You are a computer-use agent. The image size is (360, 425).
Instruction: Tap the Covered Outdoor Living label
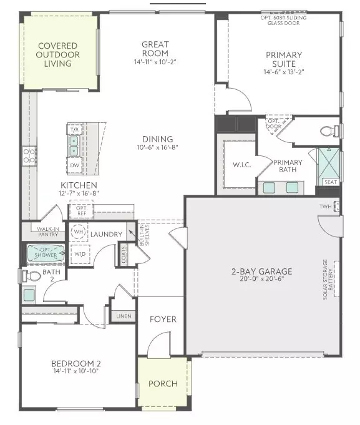[57, 55]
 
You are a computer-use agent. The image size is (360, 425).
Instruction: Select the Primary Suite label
[282, 55]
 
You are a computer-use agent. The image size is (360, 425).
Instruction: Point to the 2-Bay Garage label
[261, 271]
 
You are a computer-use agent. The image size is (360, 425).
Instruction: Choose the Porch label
[162, 383]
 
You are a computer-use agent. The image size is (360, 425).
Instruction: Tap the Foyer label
[162, 319]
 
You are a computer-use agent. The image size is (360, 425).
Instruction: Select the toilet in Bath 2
[31, 275]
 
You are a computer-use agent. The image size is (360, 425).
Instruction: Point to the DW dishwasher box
[74, 165]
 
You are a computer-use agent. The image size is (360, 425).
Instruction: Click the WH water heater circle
[79, 232]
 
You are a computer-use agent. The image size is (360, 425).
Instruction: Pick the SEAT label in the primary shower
[329, 182]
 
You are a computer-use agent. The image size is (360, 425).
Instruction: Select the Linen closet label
[124, 316]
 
